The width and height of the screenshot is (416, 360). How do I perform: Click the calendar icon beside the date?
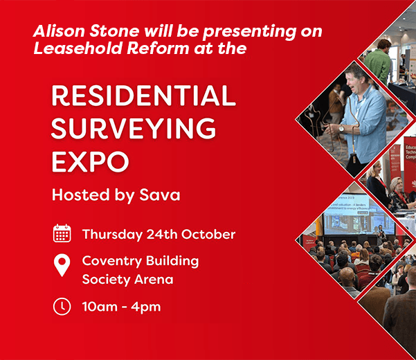coord(62,233)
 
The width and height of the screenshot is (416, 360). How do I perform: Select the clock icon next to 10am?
coord(62,305)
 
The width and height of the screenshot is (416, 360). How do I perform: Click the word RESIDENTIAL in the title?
coord(143,96)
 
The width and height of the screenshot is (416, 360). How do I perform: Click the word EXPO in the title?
coord(90,162)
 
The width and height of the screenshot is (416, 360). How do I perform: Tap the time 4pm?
coord(147,306)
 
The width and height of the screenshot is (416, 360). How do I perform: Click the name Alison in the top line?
coord(55,32)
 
